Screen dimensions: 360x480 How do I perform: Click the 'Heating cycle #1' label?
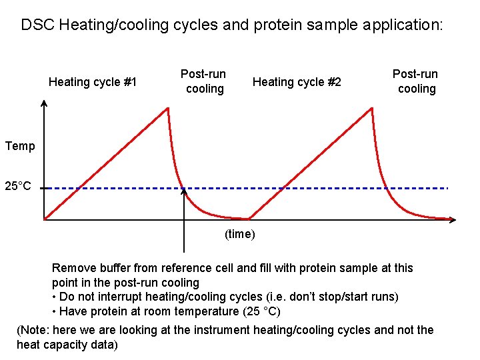pyautogui.click(x=93, y=82)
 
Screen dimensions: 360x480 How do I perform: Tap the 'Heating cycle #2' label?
pyautogui.click(x=297, y=82)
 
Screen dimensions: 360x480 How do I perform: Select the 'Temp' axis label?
pyautogui.click(x=20, y=146)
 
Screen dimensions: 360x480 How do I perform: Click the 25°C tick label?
pyautogui.click(x=18, y=185)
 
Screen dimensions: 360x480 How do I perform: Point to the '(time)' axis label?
pyautogui.click(x=239, y=234)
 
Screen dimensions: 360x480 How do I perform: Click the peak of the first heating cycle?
pyautogui.click(x=167, y=108)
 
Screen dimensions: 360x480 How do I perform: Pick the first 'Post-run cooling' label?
pyautogui.click(x=204, y=81)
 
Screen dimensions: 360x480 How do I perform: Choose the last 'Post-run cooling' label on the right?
pyautogui.click(x=416, y=81)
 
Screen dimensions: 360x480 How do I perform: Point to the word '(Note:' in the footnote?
pyautogui.click(x=35, y=330)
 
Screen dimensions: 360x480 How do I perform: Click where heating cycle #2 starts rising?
pyautogui.click(x=249, y=218)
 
